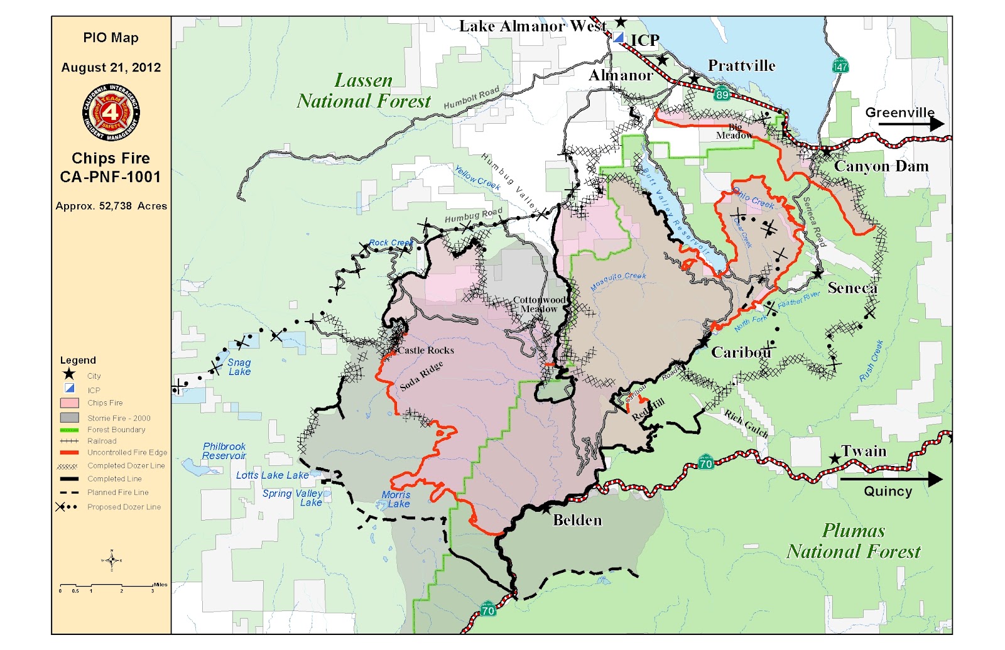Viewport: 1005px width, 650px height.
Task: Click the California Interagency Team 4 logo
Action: [x=111, y=112]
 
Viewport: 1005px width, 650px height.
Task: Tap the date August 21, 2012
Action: [x=111, y=67]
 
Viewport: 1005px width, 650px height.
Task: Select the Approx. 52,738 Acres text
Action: [x=111, y=206]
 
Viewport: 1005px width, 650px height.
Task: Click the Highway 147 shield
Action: [x=840, y=65]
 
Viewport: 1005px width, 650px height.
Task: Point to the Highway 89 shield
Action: [x=722, y=94]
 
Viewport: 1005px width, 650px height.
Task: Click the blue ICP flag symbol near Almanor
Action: [x=619, y=38]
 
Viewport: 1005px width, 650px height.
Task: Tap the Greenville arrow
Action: [x=911, y=123]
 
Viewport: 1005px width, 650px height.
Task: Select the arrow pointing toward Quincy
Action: [x=891, y=480]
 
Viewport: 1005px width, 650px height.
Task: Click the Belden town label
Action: [x=577, y=520]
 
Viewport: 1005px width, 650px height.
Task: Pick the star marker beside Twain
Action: [x=834, y=459]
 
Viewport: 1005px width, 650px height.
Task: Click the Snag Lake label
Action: [x=239, y=367]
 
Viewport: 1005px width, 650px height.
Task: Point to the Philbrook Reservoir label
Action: [x=224, y=451]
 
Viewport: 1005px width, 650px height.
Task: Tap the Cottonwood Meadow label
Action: [x=539, y=305]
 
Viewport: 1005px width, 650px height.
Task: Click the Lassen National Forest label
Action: [x=364, y=91]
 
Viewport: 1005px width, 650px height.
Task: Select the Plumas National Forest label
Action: [x=854, y=541]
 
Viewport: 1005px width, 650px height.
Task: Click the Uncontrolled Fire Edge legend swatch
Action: [x=69, y=452]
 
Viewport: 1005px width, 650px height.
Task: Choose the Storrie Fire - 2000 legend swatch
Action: [x=69, y=418]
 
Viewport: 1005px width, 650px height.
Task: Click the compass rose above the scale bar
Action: [x=111, y=560]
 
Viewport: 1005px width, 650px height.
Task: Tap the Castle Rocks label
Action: [x=426, y=350]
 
